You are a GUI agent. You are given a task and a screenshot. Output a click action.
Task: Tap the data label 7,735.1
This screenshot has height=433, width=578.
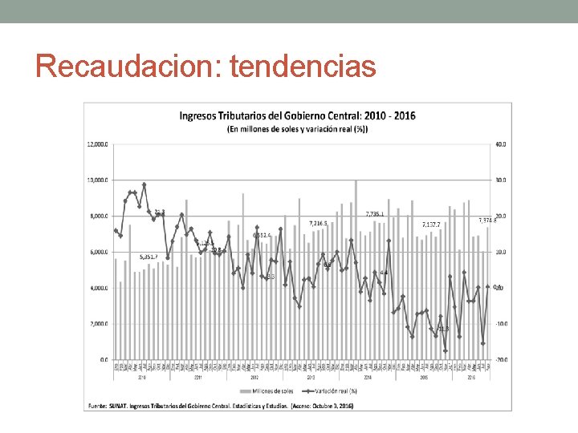374,214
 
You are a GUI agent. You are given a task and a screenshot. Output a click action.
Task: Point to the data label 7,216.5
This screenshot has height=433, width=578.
319,222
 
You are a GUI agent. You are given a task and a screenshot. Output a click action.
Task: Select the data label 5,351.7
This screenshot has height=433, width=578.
149,257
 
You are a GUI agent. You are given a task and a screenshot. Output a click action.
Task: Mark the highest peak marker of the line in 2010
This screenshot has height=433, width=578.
144,184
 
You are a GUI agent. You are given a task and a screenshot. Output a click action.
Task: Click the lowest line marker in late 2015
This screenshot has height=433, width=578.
446,350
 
